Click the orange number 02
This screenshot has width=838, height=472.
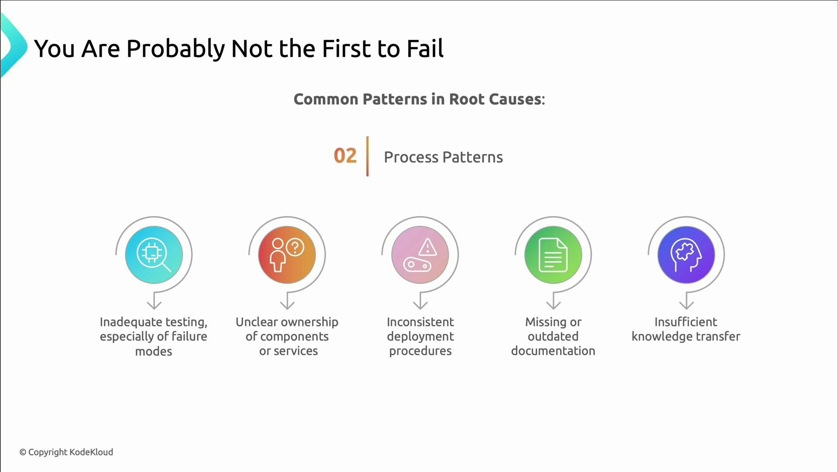pyautogui.click(x=345, y=156)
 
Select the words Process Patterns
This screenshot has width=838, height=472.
pyautogui.click(x=443, y=157)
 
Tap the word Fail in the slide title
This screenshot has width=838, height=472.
pyautogui.click(x=425, y=48)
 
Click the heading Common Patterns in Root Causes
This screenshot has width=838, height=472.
pyautogui.click(x=419, y=99)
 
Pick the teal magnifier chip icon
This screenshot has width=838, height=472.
pyautogui.click(x=154, y=255)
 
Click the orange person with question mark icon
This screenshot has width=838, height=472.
pyautogui.click(x=287, y=255)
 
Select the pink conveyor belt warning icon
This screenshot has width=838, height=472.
pyautogui.click(x=420, y=255)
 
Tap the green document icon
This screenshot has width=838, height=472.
pyautogui.click(x=553, y=255)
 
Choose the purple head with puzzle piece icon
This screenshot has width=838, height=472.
pyautogui.click(x=686, y=255)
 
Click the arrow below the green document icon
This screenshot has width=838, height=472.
pyautogui.click(x=553, y=301)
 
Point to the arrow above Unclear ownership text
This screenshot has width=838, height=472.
pyautogui.click(x=287, y=301)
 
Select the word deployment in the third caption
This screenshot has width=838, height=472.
pyautogui.click(x=420, y=337)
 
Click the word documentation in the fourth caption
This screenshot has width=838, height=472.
pyautogui.click(x=553, y=351)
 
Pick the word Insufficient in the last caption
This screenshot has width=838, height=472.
pyautogui.click(x=685, y=322)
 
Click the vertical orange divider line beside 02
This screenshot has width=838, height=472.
pyautogui.click(x=367, y=156)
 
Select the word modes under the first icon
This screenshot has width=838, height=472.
pyautogui.click(x=154, y=351)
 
